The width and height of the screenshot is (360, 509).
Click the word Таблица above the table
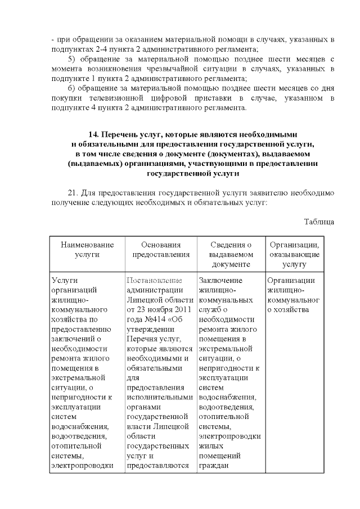(x=319, y=221)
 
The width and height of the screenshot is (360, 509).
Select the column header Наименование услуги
(x=87, y=249)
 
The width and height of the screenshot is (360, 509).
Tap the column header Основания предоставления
(x=161, y=249)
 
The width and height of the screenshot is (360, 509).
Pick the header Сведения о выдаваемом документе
(x=231, y=254)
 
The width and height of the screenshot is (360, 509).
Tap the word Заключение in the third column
(x=221, y=281)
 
